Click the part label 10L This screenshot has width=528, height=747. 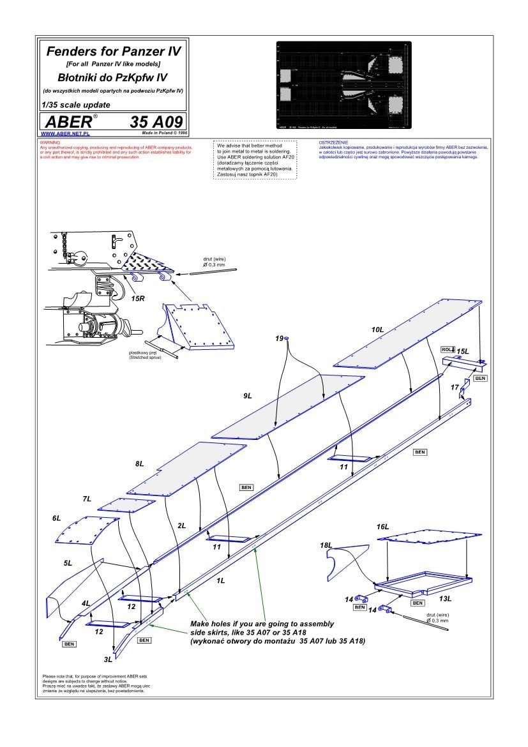(377, 329)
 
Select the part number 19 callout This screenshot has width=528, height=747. (280, 338)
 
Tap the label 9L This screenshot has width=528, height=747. (248, 396)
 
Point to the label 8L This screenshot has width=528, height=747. (140, 464)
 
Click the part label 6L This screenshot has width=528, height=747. (56, 518)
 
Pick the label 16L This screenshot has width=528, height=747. (382, 527)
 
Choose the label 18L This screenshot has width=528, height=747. (326, 546)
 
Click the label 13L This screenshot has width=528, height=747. (446, 599)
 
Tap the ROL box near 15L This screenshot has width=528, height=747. (446, 349)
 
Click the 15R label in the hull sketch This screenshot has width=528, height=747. (136, 298)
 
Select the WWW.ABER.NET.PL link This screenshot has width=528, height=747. (64, 134)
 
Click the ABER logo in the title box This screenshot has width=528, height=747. (67, 122)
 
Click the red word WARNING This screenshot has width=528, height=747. (49, 142)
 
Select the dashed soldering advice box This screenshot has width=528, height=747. (254, 160)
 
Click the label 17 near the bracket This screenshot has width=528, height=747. (454, 388)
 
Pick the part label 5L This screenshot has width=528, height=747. (68, 564)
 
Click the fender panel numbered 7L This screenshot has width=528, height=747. (126, 505)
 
